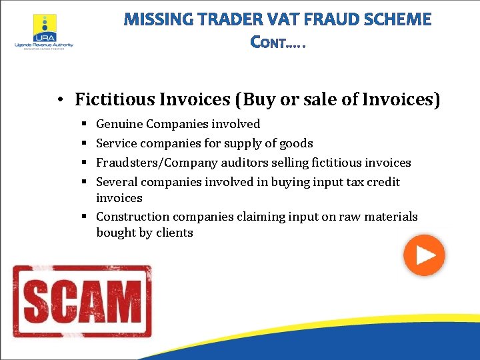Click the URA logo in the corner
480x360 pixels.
(x=44, y=31)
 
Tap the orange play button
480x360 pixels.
(x=424, y=255)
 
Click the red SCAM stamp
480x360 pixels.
(x=82, y=301)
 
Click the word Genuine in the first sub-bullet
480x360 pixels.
(x=119, y=124)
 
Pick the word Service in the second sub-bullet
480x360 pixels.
(x=117, y=143)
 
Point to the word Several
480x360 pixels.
(x=117, y=182)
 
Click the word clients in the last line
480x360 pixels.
(x=175, y=233)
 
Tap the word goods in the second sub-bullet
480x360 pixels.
(x=297, y=143)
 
